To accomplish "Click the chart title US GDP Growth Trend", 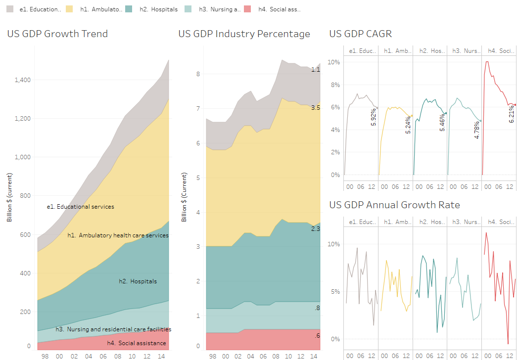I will (x=57, y=34).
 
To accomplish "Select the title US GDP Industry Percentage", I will (x=244, y=34).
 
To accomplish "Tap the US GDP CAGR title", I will (x=361, y=34).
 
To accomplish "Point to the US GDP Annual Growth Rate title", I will (x=394, y=205).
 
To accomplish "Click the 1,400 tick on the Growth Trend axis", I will (x=22, y=80).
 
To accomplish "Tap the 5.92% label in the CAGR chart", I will (x=374, y=117).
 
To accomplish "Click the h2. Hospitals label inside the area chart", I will (x=138, y=281).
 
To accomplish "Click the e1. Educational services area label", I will (x=80, y=207).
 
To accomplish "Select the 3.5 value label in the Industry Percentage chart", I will (x=315, y=107).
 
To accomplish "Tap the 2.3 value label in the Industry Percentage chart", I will (x=315, y=229).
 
